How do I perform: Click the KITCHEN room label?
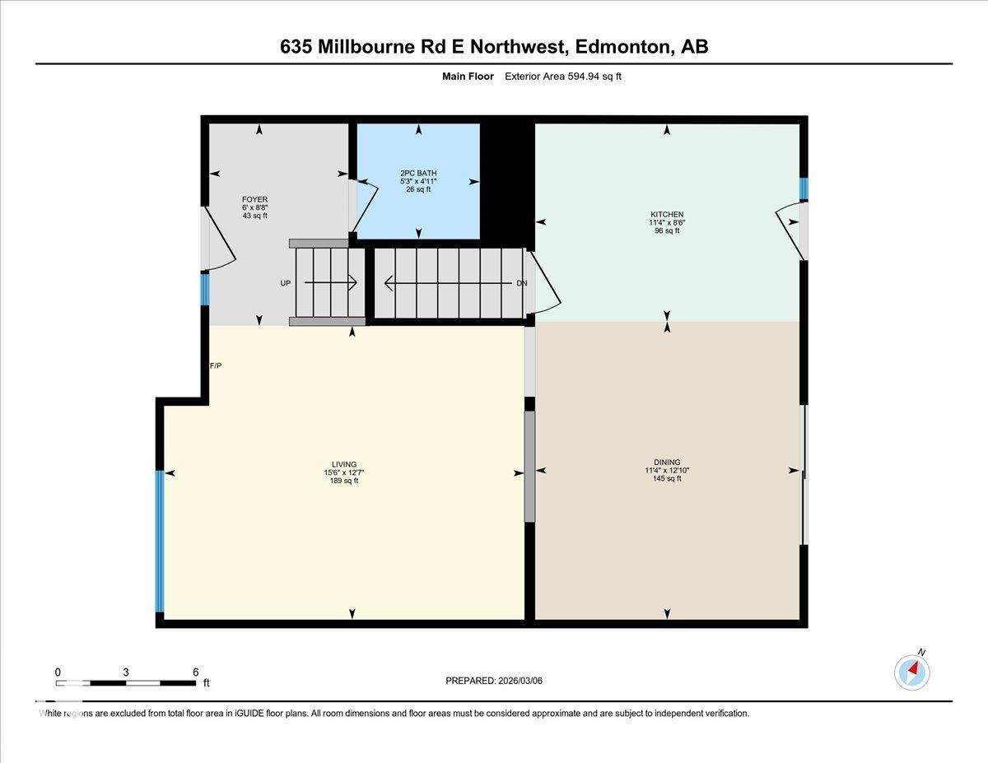click(667, 215)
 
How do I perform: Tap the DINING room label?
click(667, 463)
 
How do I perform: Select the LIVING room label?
click(344, 464)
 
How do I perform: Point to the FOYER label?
click(254, 199)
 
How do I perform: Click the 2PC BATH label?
click(418, 173)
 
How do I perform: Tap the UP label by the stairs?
click(286, 283)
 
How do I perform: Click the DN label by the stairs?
click(521, 283)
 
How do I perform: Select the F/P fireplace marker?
click(216, 365)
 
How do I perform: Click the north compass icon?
click(912, 672)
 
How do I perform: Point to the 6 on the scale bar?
click(195, 672)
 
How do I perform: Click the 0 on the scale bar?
click(58, 672)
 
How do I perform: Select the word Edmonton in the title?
click(623, 47)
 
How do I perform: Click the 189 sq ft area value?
click(344, 481)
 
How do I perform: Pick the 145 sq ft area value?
click(667, 478)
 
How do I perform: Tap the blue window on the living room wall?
click(160, 541)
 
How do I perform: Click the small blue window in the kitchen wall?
click(804, 188)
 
